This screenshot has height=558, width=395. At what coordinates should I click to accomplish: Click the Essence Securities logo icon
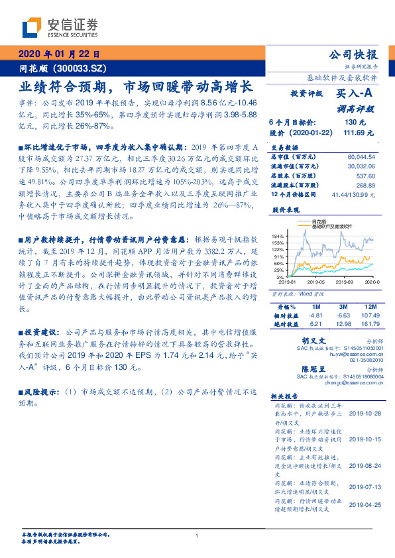click(x=32, y=28)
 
